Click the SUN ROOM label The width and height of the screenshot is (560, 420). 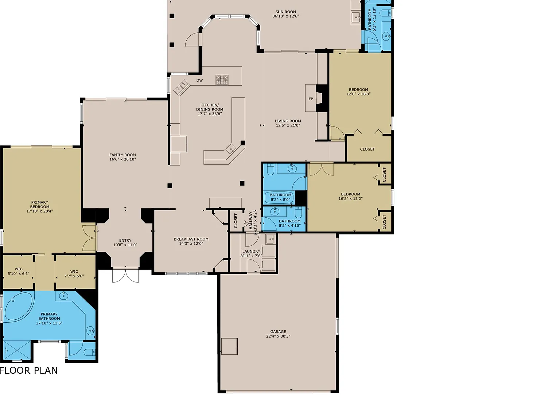[285, 12]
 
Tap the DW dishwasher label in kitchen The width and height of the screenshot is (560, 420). [199, 80]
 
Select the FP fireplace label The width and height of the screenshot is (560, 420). [311, 99]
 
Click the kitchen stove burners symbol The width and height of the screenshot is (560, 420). [222, 80]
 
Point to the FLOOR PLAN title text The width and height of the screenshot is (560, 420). [28, 370]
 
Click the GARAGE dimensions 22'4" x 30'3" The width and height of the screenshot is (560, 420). [278, 336]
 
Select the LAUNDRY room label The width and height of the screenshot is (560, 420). [251, 252]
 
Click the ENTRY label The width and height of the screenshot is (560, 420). [125, 241]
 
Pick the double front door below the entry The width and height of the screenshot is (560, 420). [125, 275]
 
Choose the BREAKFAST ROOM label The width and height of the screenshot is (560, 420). [191, 239]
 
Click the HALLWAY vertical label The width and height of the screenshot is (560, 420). [250, 221]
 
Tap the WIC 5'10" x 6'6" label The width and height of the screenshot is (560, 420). [19, 271]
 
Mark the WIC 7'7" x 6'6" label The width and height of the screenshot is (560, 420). [74, 274]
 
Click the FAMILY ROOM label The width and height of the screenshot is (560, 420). [123, 155]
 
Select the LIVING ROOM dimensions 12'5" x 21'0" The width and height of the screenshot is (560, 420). [288, 125]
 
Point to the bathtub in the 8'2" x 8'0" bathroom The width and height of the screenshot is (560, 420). [279, 197]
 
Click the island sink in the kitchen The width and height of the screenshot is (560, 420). [231, 149]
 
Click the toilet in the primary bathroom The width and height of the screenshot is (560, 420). [90, 353]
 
